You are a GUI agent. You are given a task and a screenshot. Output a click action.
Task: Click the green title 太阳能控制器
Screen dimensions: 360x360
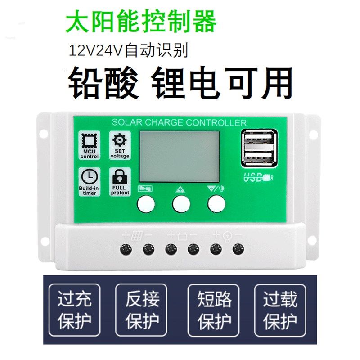tap(141, 21)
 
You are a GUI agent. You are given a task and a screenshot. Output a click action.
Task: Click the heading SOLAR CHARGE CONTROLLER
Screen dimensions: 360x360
tap(179, 122)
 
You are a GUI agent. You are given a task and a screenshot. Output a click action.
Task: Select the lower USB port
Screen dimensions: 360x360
tap(259, 157)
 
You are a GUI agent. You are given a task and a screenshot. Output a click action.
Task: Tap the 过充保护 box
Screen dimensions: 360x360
tap(74, 310)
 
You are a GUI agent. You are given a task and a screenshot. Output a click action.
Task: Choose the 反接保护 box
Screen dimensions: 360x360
tap(142, 310)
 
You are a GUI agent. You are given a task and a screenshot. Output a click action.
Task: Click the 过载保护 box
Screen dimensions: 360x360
tap(280, 310)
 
